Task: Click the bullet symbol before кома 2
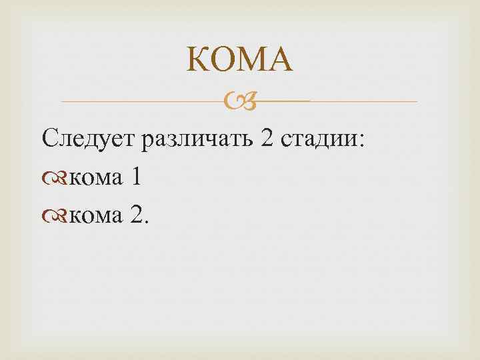tap(54, 216)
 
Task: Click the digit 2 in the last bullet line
tap(136, 215)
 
